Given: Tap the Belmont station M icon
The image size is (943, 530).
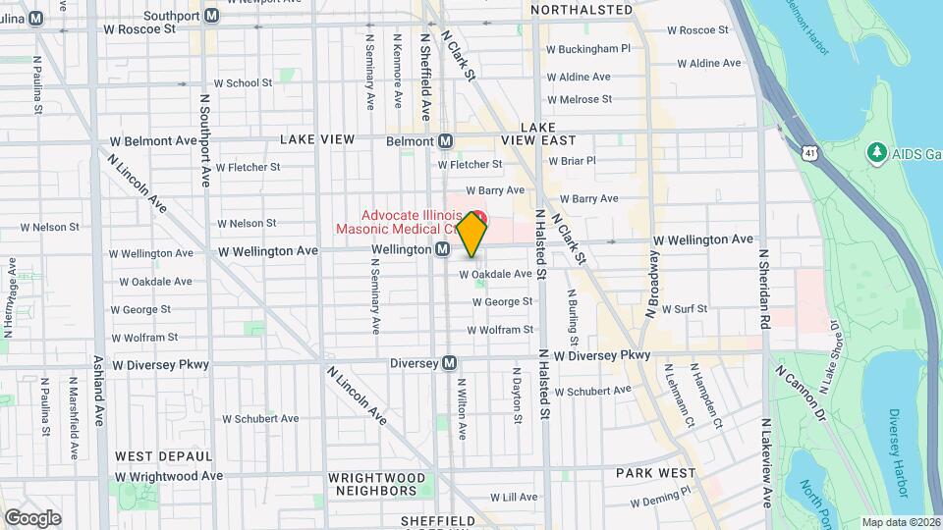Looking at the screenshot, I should [x=445, y=140].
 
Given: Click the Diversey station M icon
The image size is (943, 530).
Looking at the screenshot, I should [x=450, y=362].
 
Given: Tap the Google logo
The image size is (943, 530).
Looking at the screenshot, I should [x=32, y=517].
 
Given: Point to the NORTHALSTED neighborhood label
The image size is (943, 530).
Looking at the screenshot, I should [x=582, y=10].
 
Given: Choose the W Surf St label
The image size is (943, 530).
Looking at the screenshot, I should [x=685, y=308].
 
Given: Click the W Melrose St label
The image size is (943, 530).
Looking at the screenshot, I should [x=579, y=99].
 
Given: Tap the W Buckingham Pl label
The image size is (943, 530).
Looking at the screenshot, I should [x=588, y=48].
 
